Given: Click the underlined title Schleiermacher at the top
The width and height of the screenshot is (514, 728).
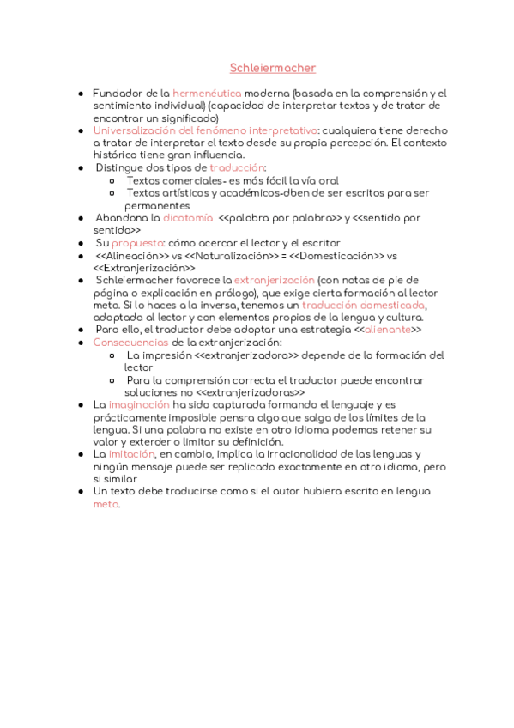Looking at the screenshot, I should pos(273,67).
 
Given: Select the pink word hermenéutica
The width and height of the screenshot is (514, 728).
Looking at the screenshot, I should pos(207,93).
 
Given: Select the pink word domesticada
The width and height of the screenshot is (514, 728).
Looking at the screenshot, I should pos(393,306).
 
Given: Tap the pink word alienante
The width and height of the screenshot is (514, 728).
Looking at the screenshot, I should pos(387,330).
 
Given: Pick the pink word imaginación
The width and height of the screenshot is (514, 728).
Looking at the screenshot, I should pos(139,404).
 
